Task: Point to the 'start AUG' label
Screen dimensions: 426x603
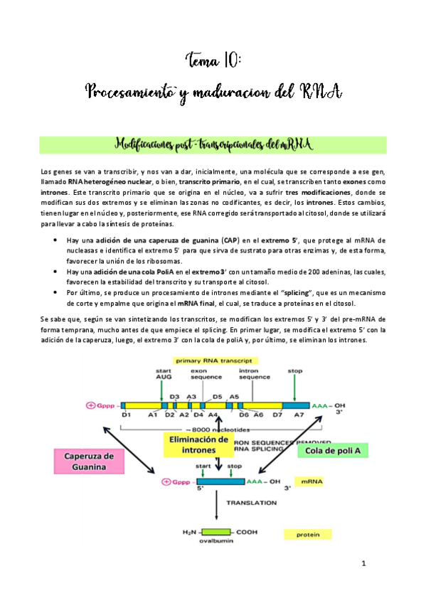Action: pos(164,374)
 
